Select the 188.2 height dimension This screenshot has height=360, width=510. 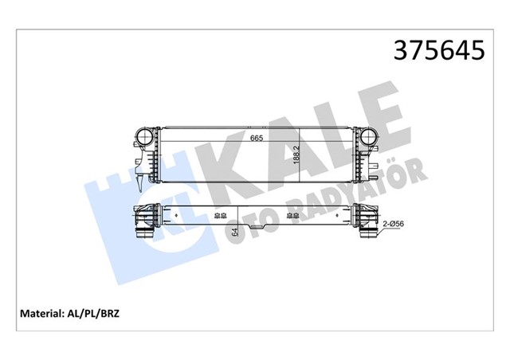(296, 153)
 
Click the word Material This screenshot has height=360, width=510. (41, 313)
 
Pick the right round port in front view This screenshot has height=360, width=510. (367, 139)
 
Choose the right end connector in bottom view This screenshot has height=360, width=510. (366, 219)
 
